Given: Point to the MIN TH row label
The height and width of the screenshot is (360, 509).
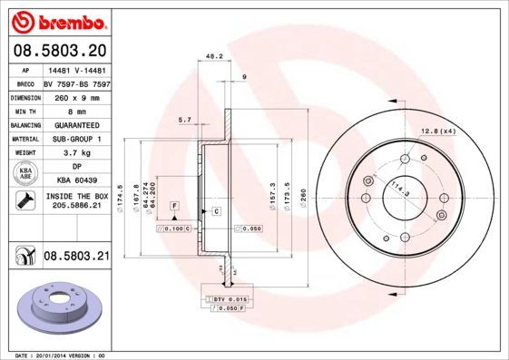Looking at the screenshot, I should pos(23,111).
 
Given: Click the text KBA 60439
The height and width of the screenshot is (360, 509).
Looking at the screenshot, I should pos(76,181).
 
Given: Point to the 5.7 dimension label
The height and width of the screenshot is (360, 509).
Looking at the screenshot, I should pos(184,120).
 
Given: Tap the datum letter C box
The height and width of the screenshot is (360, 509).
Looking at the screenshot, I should pos(217,211).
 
